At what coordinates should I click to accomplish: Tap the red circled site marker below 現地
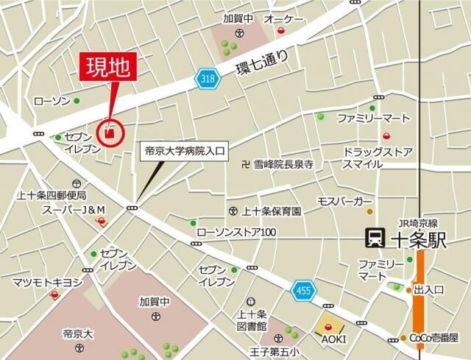coord(110,133)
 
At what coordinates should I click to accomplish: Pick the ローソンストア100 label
coord(236,233)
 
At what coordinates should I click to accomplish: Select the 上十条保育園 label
coord(272,211)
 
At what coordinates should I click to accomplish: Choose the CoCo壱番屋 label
coord(433,338)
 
